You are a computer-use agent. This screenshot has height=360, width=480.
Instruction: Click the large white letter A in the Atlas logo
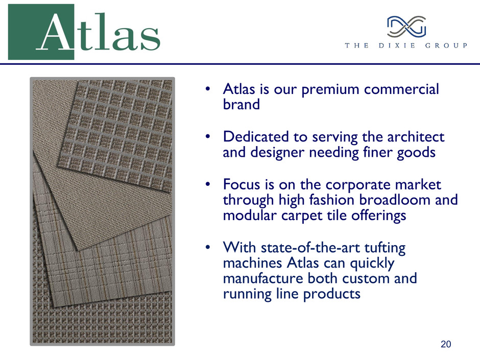[x=55, y=33]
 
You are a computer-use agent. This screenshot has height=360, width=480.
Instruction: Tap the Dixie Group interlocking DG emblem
[x=406, y=27]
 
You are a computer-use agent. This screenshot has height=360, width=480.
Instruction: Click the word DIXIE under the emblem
[x=397, y=45]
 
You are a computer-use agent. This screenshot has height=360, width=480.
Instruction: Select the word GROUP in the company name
[x=446, y=45]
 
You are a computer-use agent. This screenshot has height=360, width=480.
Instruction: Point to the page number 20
[x=446, y=344]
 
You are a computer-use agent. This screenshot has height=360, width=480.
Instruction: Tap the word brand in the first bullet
[x=241, y=104]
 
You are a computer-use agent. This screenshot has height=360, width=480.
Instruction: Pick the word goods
[x=416, y=153]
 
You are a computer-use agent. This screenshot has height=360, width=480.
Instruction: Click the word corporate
[x=358, y=185]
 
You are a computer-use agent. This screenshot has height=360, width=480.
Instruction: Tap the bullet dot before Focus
[x=208, y=184]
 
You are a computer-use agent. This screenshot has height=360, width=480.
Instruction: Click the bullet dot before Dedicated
[x=208, y=136]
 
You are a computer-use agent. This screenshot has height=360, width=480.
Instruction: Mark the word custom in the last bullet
[x=366, y=279]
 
